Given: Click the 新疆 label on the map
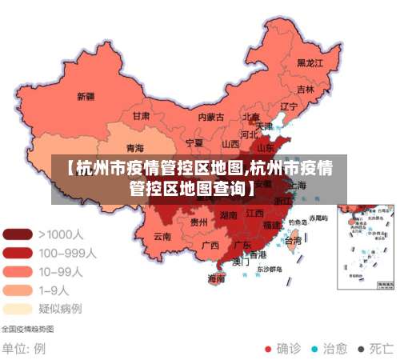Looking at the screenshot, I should [x=86, y=97].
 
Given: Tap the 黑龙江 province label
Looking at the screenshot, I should [x=310, y=62].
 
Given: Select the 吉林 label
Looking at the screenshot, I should [x=305, y=90].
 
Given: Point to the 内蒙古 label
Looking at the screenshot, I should [x=211, y=117].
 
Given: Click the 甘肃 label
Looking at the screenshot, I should [x=141, y=116].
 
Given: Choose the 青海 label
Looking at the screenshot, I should [x=135, y=149].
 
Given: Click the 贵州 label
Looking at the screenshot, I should [x=198, y=222].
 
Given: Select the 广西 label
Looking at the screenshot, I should [x=210, y=245].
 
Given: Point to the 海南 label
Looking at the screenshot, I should [x=216, y=279].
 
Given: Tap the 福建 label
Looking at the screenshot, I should [x=272, y=225].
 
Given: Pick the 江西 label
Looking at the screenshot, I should [x=254, y=214].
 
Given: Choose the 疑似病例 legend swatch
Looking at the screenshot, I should [x=18, y=308].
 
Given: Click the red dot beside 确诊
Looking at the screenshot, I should [x=268, y=349].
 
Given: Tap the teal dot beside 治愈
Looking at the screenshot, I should [x=314, y=349].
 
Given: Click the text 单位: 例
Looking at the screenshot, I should [x=24, y=349].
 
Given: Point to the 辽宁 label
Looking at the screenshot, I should [x=288, y=106].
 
